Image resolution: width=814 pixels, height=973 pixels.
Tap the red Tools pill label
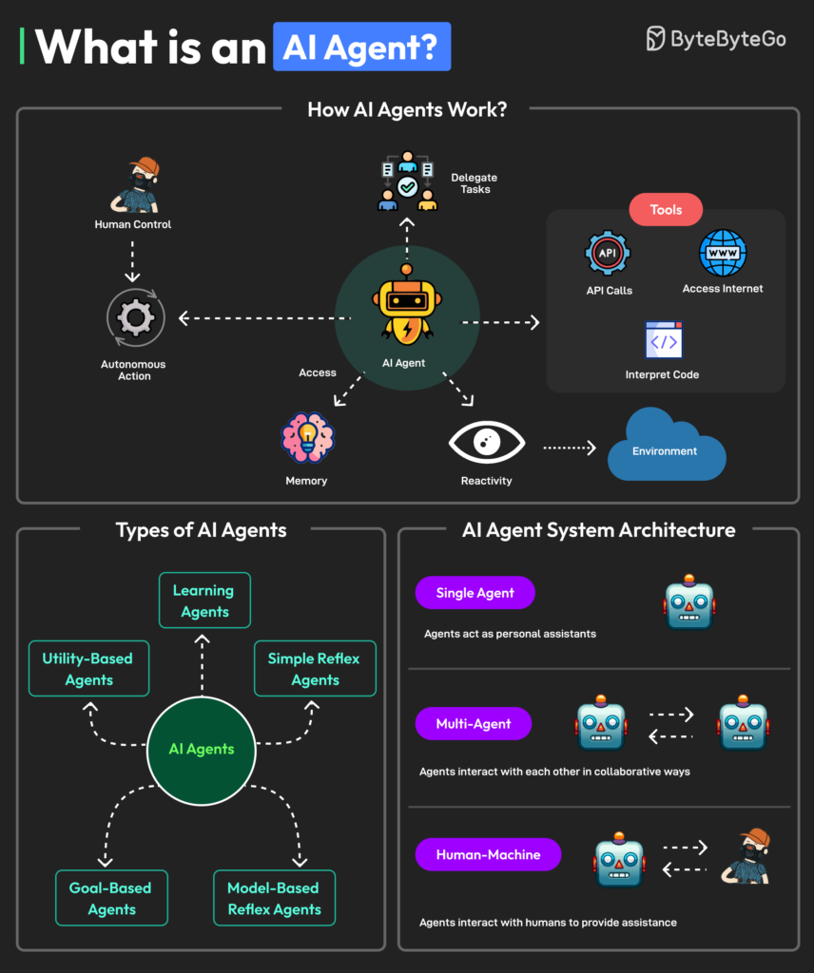click(666, 210)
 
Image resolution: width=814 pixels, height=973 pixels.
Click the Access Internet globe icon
click(723, 253)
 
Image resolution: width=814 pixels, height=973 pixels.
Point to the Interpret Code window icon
click(663, 340)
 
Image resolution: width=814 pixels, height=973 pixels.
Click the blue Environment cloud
click(666, 447)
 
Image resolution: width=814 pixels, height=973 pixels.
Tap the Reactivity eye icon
click(486, 442)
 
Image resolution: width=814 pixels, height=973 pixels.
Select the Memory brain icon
click(307, 439)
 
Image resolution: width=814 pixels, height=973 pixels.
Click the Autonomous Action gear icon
click(135, 318)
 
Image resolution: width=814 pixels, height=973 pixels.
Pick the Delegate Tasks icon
click(407, 181)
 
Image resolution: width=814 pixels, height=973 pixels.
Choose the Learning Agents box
click(204, 601)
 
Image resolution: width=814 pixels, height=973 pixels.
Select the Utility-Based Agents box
click(88, 669)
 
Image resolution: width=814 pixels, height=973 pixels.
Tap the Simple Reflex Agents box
click(315, 669)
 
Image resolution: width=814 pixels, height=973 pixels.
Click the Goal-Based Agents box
click(111, 898)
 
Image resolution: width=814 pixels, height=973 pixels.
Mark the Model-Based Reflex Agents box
click(274, 898)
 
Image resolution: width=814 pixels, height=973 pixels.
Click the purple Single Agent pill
click(475, 593)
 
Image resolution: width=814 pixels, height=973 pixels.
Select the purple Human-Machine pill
click(488, 854)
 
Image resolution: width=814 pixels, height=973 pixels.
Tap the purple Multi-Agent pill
click(473, 724)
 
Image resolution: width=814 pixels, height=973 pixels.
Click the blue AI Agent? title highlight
click(361, 48)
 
